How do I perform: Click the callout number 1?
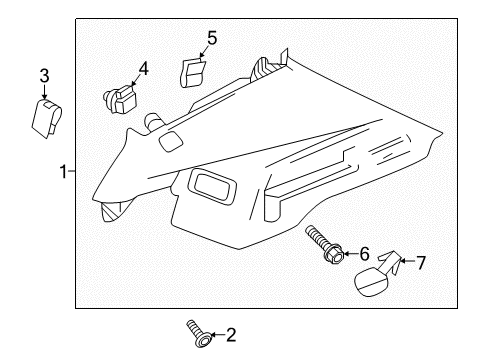(x=62, y=172)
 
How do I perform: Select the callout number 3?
(x=44, y=76)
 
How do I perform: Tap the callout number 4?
(x=143, y=69)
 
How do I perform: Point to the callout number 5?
(x=212, y=38)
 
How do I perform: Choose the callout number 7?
(x=420, y=264)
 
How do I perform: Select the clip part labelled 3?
(x=46, y=117)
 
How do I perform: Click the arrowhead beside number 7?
(x=402, y=264)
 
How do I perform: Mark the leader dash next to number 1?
(x=72, y=172)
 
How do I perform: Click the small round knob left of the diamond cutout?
(x=154, y=122)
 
